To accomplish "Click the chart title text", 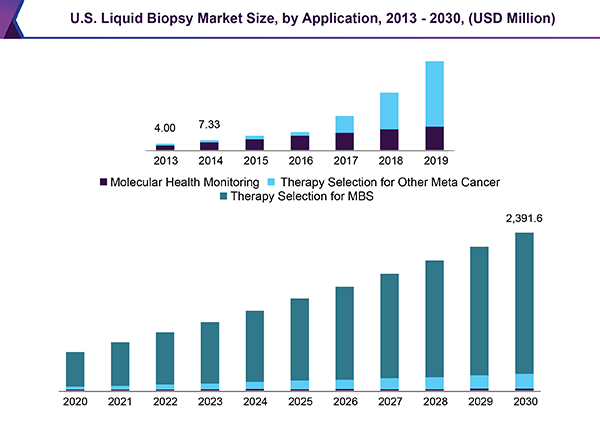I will (x=299, y=17).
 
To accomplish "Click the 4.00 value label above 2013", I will (x=165, y=128).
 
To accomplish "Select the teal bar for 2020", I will (x=75, y=368).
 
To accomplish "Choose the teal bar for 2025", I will (x=300, y=338).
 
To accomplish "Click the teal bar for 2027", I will (x=390, y=325).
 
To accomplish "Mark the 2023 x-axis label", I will (x=210, y=402).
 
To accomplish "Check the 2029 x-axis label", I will (x=479, y=402).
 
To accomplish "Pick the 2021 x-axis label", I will (x=120, y=402).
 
